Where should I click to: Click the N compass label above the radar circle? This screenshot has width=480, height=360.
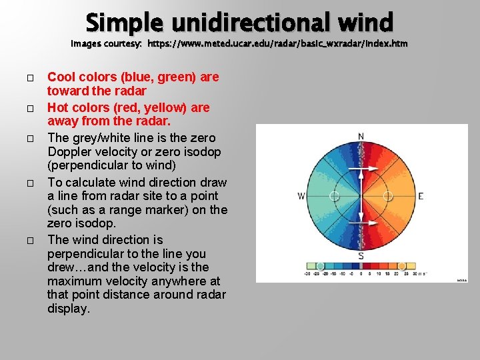pos(361,137)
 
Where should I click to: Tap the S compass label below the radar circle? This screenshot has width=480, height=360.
pos(361,255)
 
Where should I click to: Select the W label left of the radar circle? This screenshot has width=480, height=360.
pos(301,196)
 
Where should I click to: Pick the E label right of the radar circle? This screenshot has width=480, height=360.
pos(421,196)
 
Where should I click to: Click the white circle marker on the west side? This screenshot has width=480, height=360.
pos(334,196)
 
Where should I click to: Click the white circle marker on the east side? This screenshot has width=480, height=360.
pos(388,196)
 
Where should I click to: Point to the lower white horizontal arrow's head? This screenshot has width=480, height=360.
pos(361,221)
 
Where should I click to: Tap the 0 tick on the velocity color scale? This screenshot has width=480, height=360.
pos(361,273)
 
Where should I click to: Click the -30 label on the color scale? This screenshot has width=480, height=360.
pos(308,273)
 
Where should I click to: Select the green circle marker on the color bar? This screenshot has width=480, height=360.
pos(321,266)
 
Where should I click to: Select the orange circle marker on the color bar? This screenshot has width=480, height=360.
pos(401,266)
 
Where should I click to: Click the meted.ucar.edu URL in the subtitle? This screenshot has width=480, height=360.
pos(277,44)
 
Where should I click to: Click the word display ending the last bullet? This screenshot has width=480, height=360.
pos(68,309)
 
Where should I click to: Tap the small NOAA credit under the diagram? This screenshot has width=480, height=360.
pos(462,280)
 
